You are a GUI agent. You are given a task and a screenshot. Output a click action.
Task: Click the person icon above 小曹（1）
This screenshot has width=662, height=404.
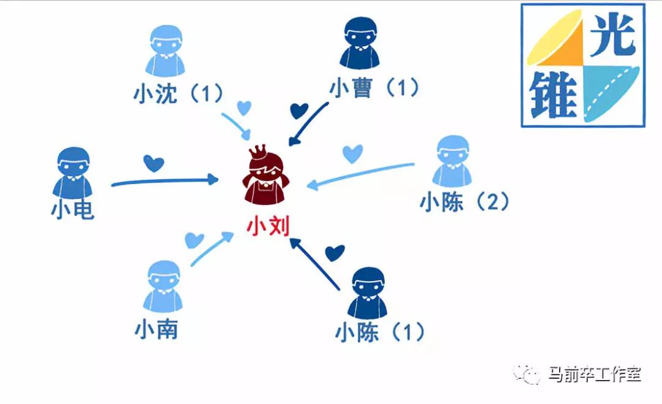click(360, 42)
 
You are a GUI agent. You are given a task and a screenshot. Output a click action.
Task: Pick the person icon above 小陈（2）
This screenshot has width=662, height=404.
click(452, 161)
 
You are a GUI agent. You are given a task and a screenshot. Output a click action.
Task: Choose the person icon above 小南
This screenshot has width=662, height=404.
click(163, 287)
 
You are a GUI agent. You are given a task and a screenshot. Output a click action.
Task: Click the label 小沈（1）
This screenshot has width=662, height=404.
click(178, 93)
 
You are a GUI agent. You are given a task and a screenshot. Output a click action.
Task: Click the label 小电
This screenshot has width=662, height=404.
click(72, 210)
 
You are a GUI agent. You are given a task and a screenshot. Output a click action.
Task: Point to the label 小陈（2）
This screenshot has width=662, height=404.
click(465, 202)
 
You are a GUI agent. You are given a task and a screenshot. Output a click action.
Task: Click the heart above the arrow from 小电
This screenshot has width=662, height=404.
click(153, 163)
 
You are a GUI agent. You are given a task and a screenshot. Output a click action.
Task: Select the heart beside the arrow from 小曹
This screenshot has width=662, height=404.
click(299, 111)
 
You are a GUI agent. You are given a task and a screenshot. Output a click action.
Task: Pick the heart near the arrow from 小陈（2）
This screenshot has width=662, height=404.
click(352, 153)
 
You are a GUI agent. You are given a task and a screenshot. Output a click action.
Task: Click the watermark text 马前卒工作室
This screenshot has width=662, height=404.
click(595, 373)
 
